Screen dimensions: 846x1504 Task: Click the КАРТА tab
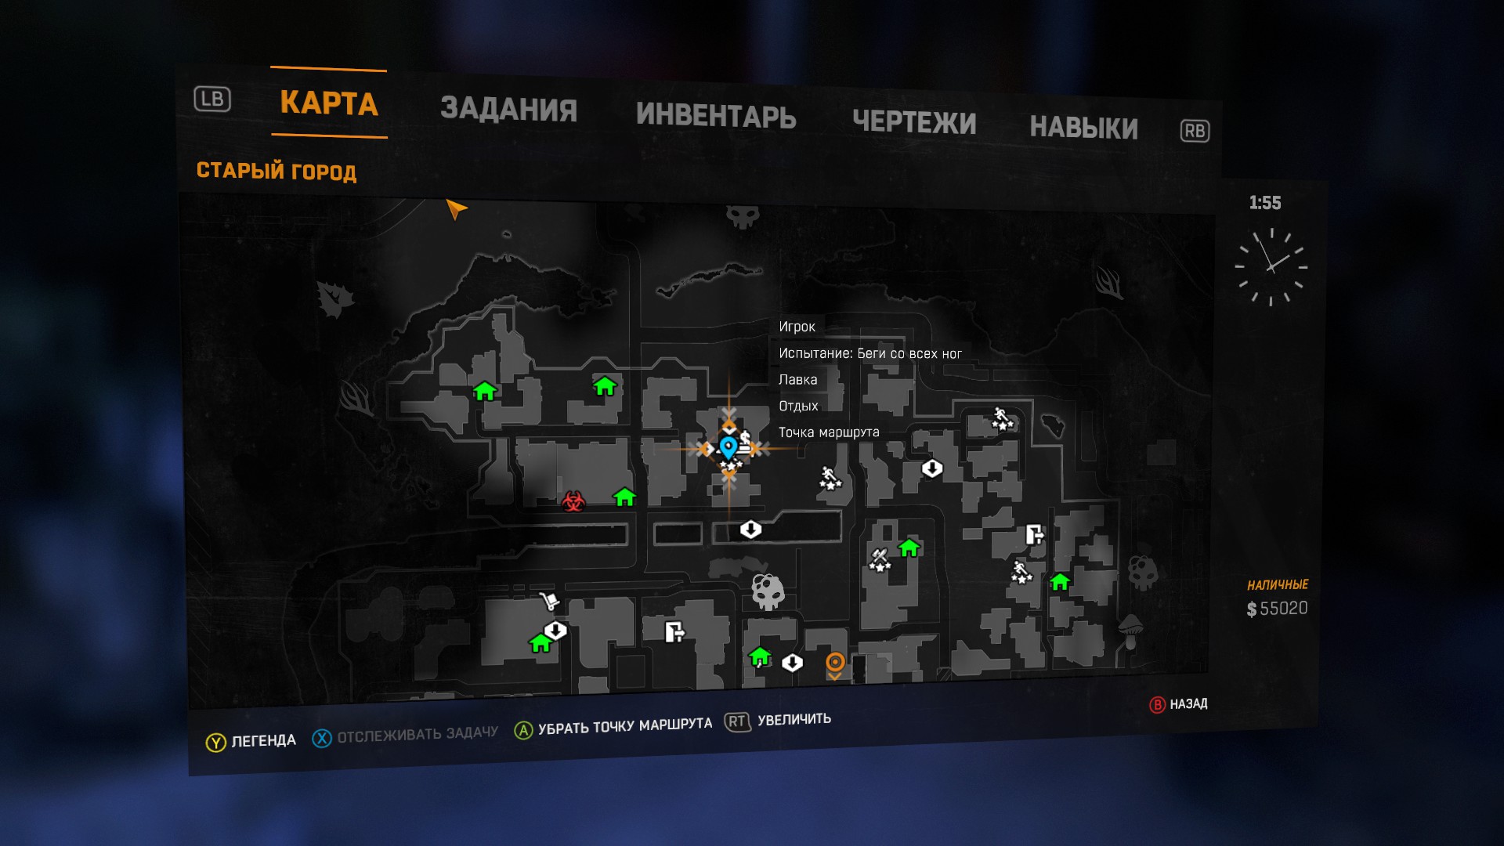point(329,103)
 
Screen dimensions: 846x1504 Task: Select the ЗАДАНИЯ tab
point(508,110)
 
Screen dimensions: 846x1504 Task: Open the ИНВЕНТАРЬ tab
point(716,116)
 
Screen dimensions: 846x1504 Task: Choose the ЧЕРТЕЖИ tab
point(914,123)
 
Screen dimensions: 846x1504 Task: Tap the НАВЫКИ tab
point(1083,128)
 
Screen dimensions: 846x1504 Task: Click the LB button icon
point(212,99)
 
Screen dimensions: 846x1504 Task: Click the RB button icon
point(1195,131)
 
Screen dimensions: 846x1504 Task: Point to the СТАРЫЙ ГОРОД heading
point(277,171)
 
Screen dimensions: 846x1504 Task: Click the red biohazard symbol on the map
point(573,501)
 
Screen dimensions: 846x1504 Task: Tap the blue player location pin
point(728,446)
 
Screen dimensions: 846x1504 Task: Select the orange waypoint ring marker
point(835,663)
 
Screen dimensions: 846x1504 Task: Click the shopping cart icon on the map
point(549,602)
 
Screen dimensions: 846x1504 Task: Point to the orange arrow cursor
point(456,208)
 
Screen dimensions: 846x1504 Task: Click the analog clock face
point(1271,266)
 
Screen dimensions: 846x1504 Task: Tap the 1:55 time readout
point(1265,203)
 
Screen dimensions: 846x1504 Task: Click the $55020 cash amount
point(1277,609)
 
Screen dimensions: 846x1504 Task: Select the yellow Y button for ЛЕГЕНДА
point(215,743)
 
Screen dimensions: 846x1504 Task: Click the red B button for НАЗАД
point(1157,705)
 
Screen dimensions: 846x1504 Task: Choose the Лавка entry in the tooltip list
point(797,380)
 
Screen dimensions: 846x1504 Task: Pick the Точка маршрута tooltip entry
point(828,432)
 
